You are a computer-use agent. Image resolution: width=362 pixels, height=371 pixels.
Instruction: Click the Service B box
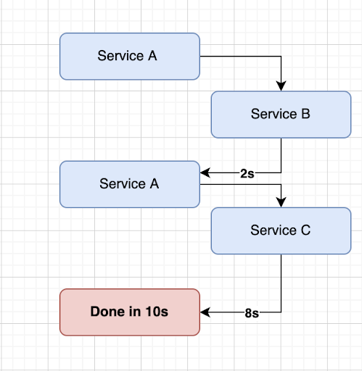pyautogui.click(x=280, y=114)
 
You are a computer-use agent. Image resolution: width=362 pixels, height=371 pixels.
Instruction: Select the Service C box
pyautogui.click(x=280, y=230)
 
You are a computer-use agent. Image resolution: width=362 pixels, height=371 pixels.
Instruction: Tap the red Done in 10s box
pyautogui.click(x=129, y=312)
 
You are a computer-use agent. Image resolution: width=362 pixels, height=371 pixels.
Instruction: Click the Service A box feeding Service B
pyautogui.click(x=129, y=56)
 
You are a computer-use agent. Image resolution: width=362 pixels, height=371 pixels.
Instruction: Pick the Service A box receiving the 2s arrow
pyautogui.click(x=129, y=184)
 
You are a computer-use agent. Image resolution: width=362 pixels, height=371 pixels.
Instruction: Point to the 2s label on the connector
pyautogui.click(x=246, y=174)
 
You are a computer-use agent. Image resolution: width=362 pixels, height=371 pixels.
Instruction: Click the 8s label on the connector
pyautogui.click(x=252, y=314)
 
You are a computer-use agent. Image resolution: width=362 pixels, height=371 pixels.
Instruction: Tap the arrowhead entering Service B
pyautogui.click(x=281, y=86)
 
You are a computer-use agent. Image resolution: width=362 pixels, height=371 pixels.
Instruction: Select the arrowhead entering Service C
pyautogui.click(x=281, y=202)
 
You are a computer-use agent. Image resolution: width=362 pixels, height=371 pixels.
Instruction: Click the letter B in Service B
pyautogui.click(x=293, y=114)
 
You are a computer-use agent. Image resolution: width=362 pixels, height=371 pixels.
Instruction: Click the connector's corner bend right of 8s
pyautogui.click(x=281, y=312)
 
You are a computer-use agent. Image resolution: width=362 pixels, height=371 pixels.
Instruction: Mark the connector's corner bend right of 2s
pyautogui.click(x=281, y=173)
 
